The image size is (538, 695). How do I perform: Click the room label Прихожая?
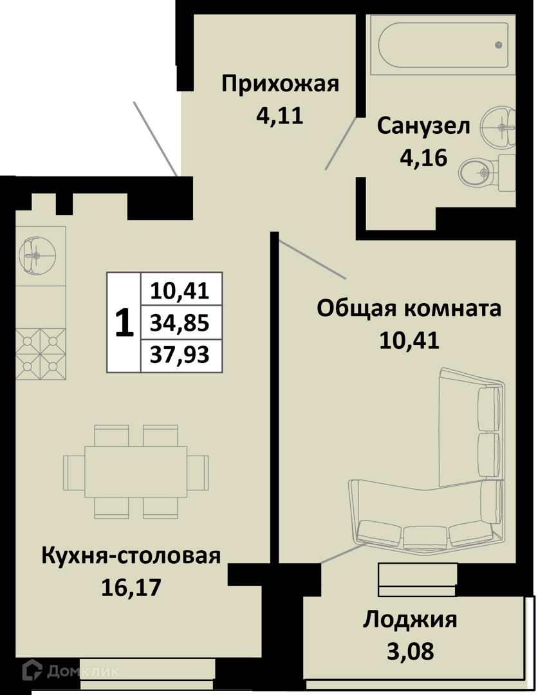[x=280, y=84]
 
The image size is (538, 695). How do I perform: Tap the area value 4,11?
[x=280, y=116]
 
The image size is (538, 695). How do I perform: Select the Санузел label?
[x=423, y=126]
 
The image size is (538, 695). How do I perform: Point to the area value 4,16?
[x=423, y=158]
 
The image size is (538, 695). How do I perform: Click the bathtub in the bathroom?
[x=443, y=45]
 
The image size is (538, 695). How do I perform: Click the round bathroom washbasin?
[x=499, y=127]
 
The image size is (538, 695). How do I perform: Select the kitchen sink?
[x=37, y=255]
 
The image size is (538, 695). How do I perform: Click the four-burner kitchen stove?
[x=41, y=354]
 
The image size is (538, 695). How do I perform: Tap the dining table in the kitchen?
[x=136, y=472]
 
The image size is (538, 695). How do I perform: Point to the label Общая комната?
[x=409, y=309]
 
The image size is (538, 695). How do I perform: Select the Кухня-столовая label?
[x=131, y=556]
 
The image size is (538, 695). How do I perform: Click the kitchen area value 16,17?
[x=131, y=588]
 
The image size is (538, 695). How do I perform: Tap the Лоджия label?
[x=410, y=620]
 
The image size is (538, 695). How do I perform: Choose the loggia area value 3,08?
[x=411, y=651]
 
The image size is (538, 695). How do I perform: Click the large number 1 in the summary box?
[x=124, y=323]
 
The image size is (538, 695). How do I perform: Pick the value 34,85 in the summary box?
[x=180, y=323]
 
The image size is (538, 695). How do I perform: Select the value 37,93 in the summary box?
[x=180, y=355]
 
